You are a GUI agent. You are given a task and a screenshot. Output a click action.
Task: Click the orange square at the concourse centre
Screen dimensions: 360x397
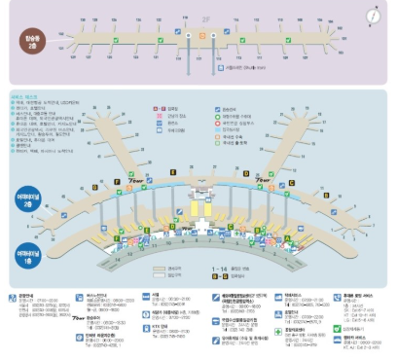(201, 33)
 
